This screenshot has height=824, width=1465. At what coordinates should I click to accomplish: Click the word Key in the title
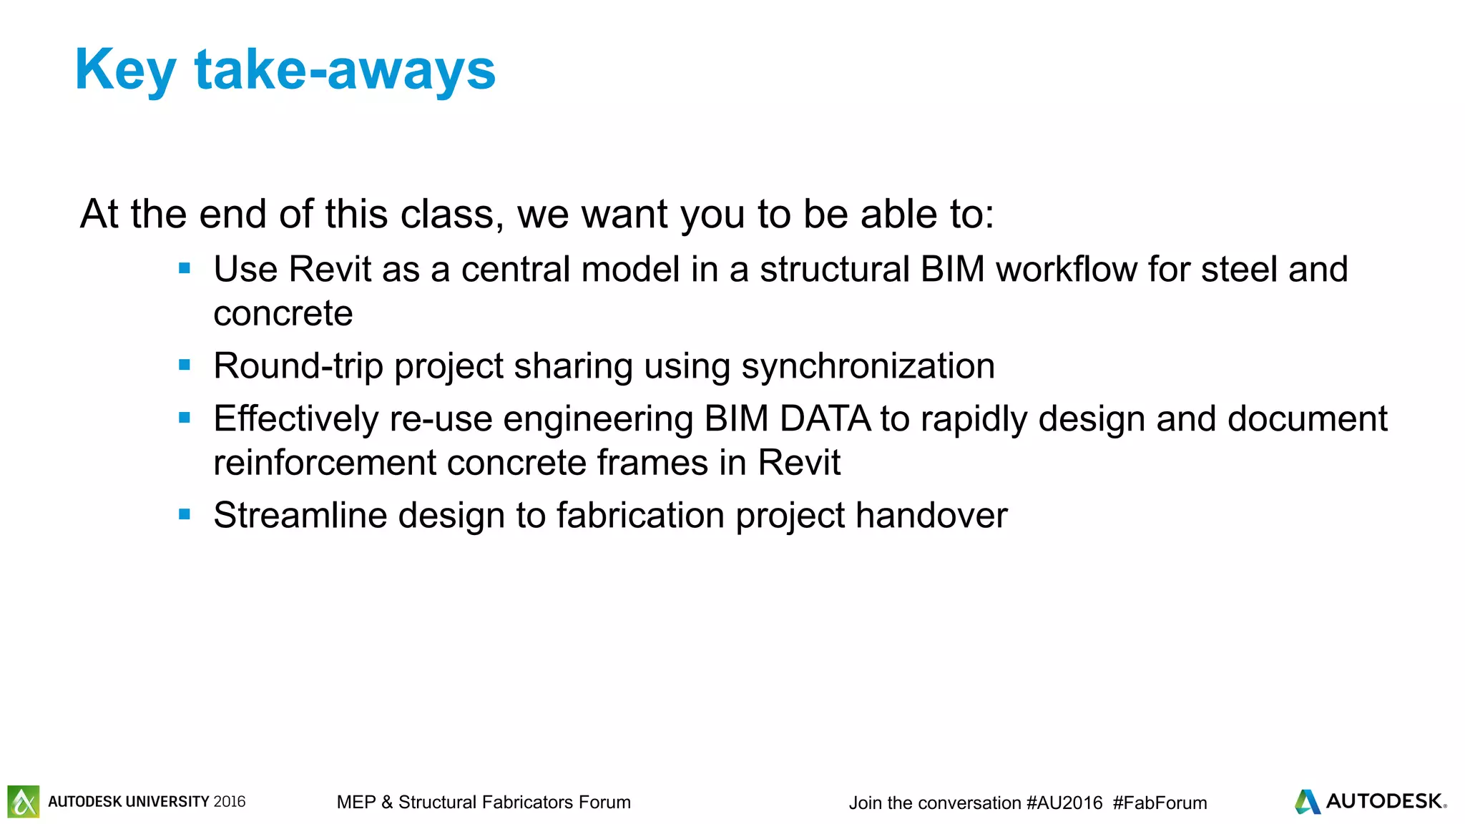[125, 70]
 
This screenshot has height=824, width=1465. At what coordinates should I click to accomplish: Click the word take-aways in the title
[345, 70]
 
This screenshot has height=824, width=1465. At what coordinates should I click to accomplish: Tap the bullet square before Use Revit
[185, 269]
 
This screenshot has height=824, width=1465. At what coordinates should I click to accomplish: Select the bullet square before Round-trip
[185, 366]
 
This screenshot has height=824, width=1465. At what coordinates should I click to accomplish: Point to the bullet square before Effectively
[185, 418]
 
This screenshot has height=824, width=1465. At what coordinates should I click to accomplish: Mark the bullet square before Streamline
[185, 514]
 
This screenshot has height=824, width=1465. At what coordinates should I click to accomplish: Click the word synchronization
[868, 366]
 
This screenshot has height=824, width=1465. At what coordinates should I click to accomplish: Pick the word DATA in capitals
[825, 418]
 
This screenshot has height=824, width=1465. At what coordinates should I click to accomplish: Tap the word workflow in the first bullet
[1067, 270]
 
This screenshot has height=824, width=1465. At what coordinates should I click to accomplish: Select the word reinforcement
[325, 462]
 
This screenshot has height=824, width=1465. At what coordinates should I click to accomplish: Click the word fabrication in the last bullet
[640, 515]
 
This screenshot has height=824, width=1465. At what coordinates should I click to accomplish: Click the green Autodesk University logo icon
[24, 801]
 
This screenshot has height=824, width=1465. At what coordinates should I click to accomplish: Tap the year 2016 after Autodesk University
[229, 802]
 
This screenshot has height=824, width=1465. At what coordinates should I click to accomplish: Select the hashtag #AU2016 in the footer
[1064, 803]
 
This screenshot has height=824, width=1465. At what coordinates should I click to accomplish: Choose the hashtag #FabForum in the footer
[1160, 803]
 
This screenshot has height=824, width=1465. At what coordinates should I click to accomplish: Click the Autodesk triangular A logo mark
[1308, 801]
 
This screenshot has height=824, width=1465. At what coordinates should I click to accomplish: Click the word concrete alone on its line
[283, 313]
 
